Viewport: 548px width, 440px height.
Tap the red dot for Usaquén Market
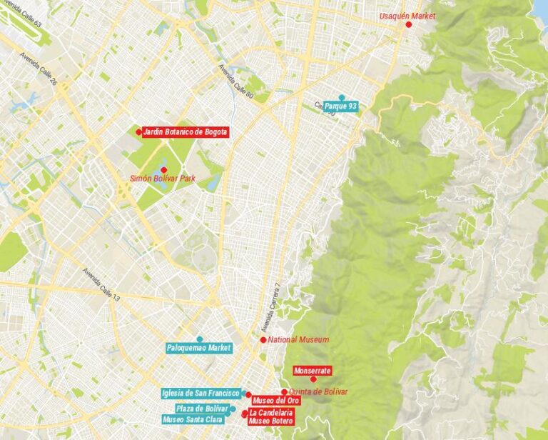pyautogui.click(x=409, y=24)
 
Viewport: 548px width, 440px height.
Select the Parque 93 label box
pyautogui.click(x=340, y=106)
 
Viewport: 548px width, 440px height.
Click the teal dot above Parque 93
pyautogui.click(x=342, y=98)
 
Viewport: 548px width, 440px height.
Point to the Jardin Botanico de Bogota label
pyautogui.click(x=185, y=131)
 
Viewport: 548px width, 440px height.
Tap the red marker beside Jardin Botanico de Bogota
pyautogui.click(x=138, y=131)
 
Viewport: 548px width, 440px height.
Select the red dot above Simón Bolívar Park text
pyautogui.click(x=163, y=169)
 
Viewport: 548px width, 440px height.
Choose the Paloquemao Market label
pyautogui.click(x=199, y=348)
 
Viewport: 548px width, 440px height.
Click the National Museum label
pyautogui.click(x=298, y=339)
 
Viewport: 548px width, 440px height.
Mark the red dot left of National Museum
pyautogui.click(x=263, y=339)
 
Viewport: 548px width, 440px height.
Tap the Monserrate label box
pyautogui.click(x=313, y=371)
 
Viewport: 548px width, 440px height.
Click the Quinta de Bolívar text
pyautogui.click(x=318, y=391)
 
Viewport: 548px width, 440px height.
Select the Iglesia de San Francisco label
pyautogui.click(x=201, y=393)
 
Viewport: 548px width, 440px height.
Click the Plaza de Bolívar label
pyautogui.click(x=201, y=409)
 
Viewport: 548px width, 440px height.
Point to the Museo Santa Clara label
pyautogui.click(x=192, y=419)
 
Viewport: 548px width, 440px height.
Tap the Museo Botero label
pyautogui.click(x=270, y=421)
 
